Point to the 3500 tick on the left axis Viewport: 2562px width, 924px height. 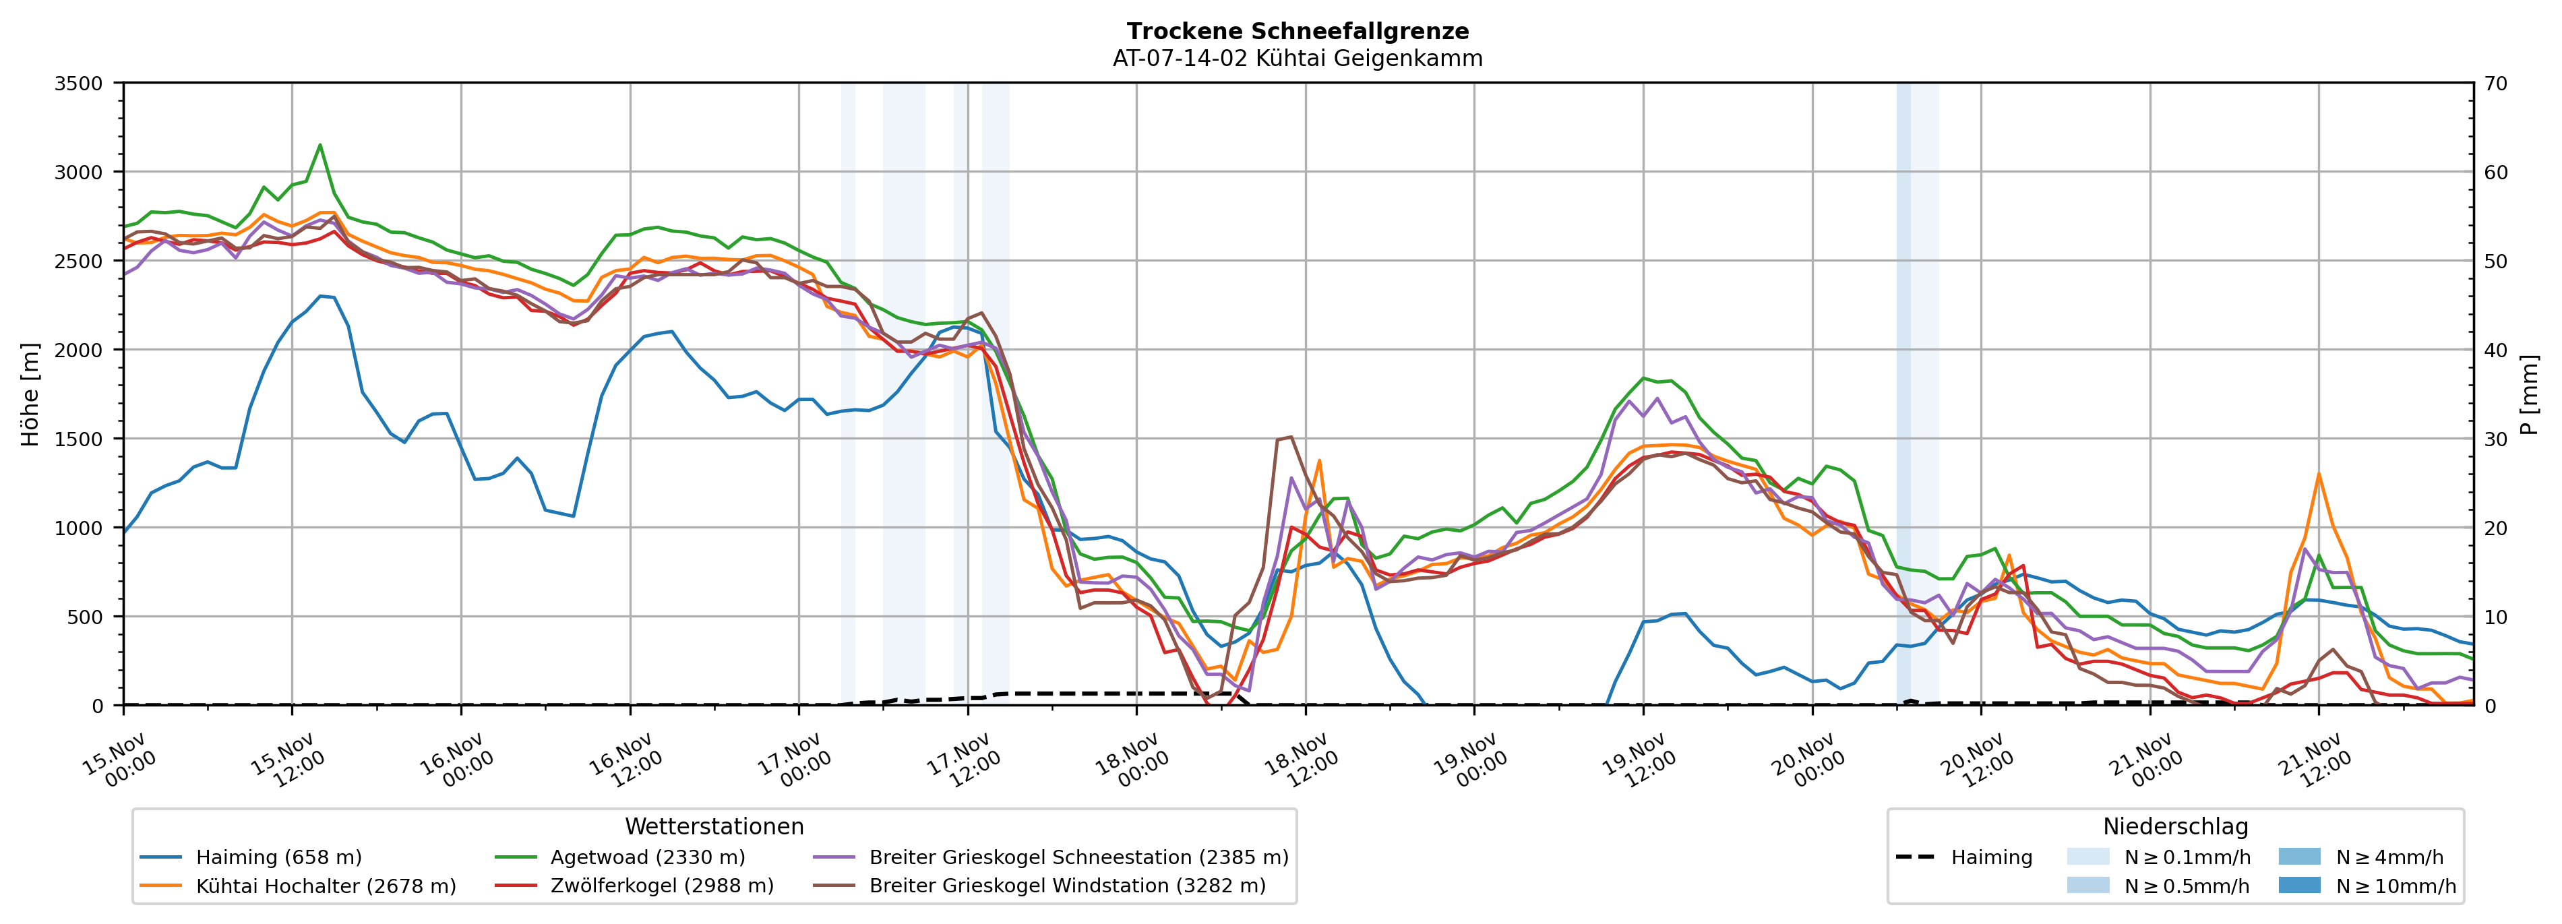pyautogui.click(x=79, y=84)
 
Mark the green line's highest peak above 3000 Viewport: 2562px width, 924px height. pyautogui.click(x=320, y=145)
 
